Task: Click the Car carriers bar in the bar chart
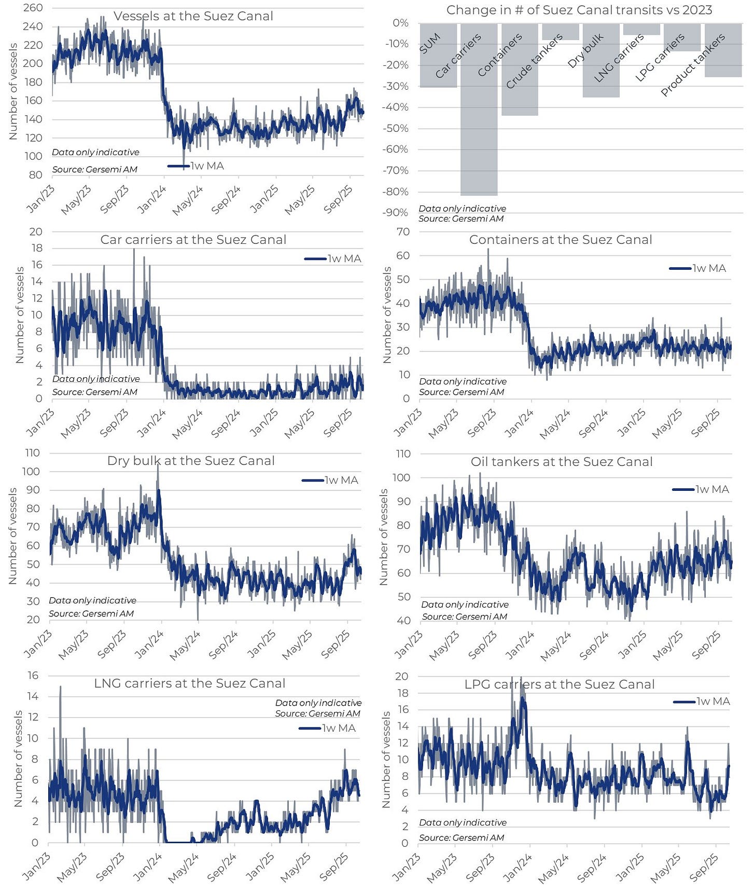coord(479,130)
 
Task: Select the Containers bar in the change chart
coord(520,93)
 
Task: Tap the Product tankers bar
coord(723,62)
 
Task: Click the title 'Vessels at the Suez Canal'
coord(193,16)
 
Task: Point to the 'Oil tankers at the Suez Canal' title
coord(561,462)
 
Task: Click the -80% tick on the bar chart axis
coord(396,191)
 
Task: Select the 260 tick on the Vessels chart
coord(33,8)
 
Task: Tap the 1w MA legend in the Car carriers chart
coord(333,258)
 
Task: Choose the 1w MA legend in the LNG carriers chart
coord(328,728)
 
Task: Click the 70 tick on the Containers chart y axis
coord(403,231)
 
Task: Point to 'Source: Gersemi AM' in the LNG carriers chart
coord(317,713)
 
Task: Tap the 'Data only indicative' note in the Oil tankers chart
coord(465,605)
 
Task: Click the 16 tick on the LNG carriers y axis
coord(33,675)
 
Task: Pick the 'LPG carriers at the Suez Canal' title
coord(559,684)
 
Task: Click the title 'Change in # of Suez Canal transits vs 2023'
coord(579,10)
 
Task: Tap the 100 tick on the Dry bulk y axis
coord(31,471)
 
